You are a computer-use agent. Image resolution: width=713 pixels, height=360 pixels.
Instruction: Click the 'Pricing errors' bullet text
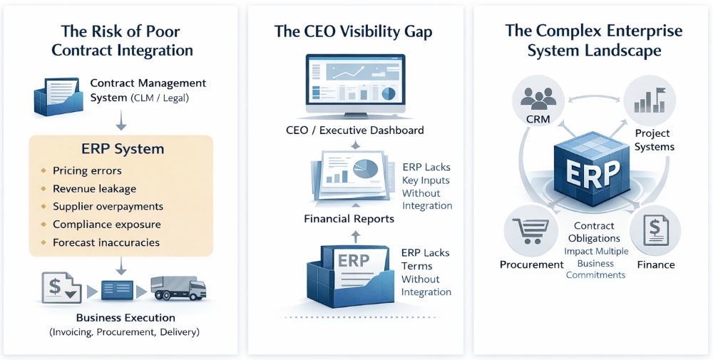[87, 171]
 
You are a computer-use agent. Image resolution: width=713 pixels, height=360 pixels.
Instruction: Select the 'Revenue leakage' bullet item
[94, 189]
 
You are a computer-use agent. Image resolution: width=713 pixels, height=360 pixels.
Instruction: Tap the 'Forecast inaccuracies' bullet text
[106, 242]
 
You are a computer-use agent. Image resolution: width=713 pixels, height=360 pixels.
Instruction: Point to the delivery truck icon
[178, 289]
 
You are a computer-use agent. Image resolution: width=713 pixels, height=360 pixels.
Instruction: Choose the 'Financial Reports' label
[349, 219]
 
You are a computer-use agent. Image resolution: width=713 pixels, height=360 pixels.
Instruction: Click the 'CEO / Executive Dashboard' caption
[350, 130]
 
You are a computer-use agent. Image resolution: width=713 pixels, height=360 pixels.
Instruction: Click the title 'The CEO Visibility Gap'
[353, 32]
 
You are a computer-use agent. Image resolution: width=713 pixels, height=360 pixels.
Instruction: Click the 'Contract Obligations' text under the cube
[594, 232]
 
